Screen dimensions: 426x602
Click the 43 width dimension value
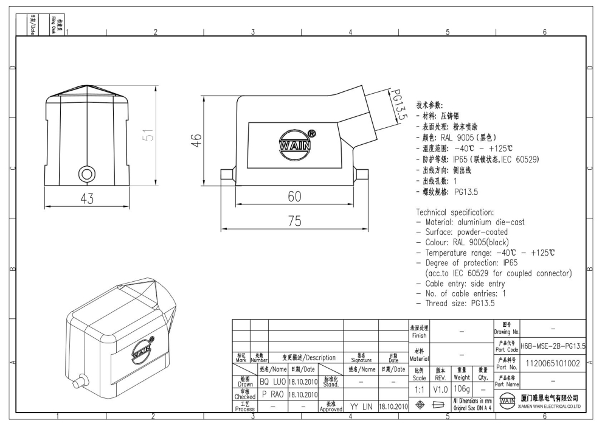pos(87,199)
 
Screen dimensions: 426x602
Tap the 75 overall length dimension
pos(294,222)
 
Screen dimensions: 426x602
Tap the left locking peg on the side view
pos(227,175)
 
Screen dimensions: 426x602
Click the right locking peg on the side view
pos(362,175)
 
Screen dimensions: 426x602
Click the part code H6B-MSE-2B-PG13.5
pos(553,346)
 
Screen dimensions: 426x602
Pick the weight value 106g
pos(462,388)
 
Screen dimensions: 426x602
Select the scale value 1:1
pos(419,388)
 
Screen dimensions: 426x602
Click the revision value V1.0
pos(441,388)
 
